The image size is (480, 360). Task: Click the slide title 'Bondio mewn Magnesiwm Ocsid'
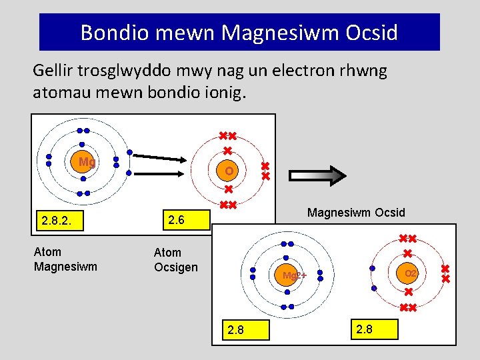[239, 32]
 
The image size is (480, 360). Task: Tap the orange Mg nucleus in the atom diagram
[83, 161]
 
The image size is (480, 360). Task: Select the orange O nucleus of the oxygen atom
[229, 171]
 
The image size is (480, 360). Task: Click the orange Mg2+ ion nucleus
[287, 275]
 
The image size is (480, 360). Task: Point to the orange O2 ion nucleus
[410, 273]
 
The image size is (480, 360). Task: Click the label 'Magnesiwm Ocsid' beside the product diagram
[355, 213]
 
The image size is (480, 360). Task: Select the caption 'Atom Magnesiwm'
[65, 259]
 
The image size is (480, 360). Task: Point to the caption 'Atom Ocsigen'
[175, 260]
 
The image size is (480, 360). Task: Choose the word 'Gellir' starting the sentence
[53, 71]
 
